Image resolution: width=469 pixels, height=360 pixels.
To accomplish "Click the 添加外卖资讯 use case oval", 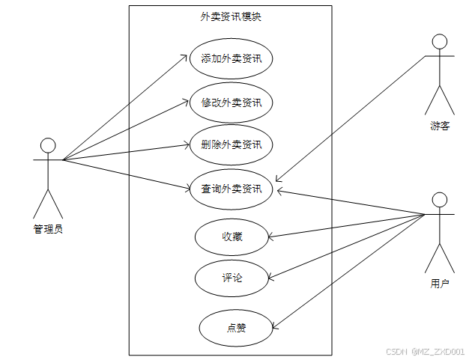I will pyautogui.click(x=231, y=58).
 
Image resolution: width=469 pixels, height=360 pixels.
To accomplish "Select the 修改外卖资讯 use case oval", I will pyautogui.click(x=231, y=102).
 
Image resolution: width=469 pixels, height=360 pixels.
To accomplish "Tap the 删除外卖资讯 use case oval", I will pyautogui.click(x=231, y=144).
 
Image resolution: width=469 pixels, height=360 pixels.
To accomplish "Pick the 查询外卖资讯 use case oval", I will pyautogui.click(x=231, y=189).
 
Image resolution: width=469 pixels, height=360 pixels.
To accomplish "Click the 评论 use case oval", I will pyautogui.click(x=231, y=278).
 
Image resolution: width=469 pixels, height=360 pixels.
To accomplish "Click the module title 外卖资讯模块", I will pyautogui.click(x=231, y=16).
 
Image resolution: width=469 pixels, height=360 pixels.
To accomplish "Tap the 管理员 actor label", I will pyautogui.click(x=48, y=229).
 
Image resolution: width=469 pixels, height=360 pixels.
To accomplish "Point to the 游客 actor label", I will pyautogui.click(x=440, y=126).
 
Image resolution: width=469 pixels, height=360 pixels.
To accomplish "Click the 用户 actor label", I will pyautogui.click(x=440, y=284).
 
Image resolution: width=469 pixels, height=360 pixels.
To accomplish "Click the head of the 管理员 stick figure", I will pyautogui.click(x=48, y=144).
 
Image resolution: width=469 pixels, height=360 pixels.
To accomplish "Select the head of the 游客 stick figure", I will pyautogui.click(x=440, y=41).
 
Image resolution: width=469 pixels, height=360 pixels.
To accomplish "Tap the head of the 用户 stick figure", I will pyautogui.click(x=440, y=199).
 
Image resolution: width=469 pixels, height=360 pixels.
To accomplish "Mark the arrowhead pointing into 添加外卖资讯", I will pyautogui.click(x=186, y=55).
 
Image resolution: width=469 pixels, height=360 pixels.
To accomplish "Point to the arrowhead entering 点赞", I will pyautogui.click(x=273, y=326).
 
